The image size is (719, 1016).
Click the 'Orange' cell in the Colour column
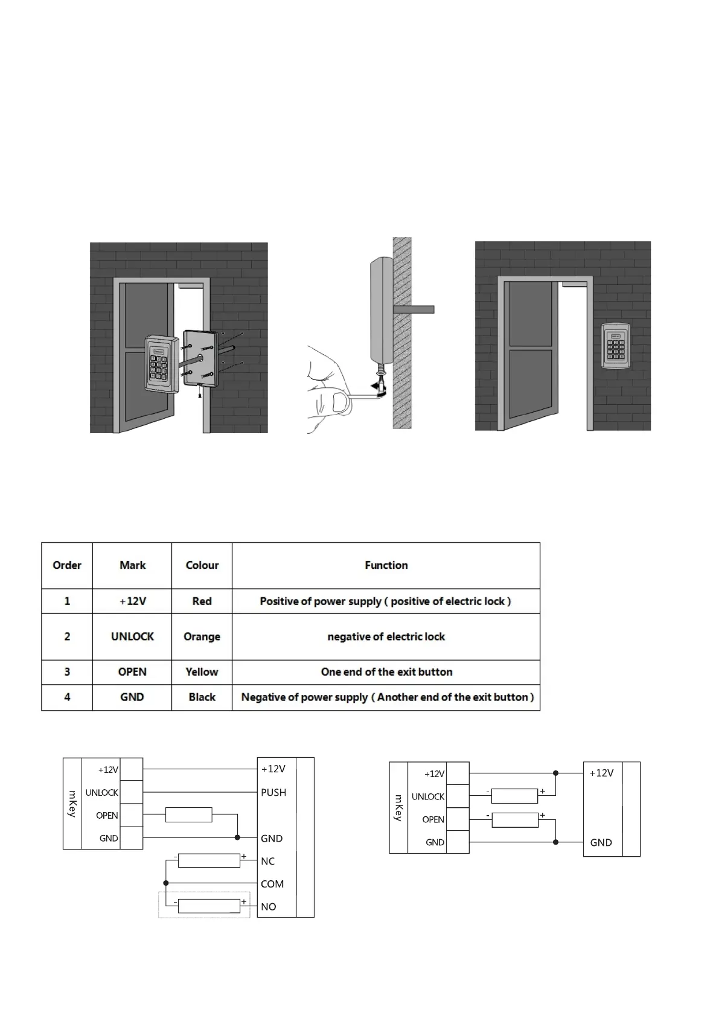[202, 637]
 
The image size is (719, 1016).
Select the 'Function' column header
[386, 565]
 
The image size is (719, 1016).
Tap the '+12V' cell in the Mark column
[132, 602]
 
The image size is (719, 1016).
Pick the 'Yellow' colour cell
[202, 672]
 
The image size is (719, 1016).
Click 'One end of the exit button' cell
[386, 672]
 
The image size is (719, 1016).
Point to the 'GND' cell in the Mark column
[132, 697]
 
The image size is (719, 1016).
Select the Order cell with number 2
[67, 637]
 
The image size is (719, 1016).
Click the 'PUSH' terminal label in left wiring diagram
[273, 792]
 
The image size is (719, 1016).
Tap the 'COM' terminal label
[272, 884]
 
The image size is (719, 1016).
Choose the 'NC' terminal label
[268, 861]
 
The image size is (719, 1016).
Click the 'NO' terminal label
[269, 906]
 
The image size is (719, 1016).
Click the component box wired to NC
[209, 860]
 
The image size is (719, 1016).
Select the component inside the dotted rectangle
[209, 906]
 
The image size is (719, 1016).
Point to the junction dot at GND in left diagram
[237, 837]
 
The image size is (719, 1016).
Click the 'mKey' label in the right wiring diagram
[398, 807]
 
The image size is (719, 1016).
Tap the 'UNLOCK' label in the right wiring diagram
[428, 796]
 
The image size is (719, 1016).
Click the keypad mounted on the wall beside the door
[615, 344]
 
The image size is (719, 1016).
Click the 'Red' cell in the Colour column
[202, 602]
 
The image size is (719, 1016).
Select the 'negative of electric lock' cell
[386, 637]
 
